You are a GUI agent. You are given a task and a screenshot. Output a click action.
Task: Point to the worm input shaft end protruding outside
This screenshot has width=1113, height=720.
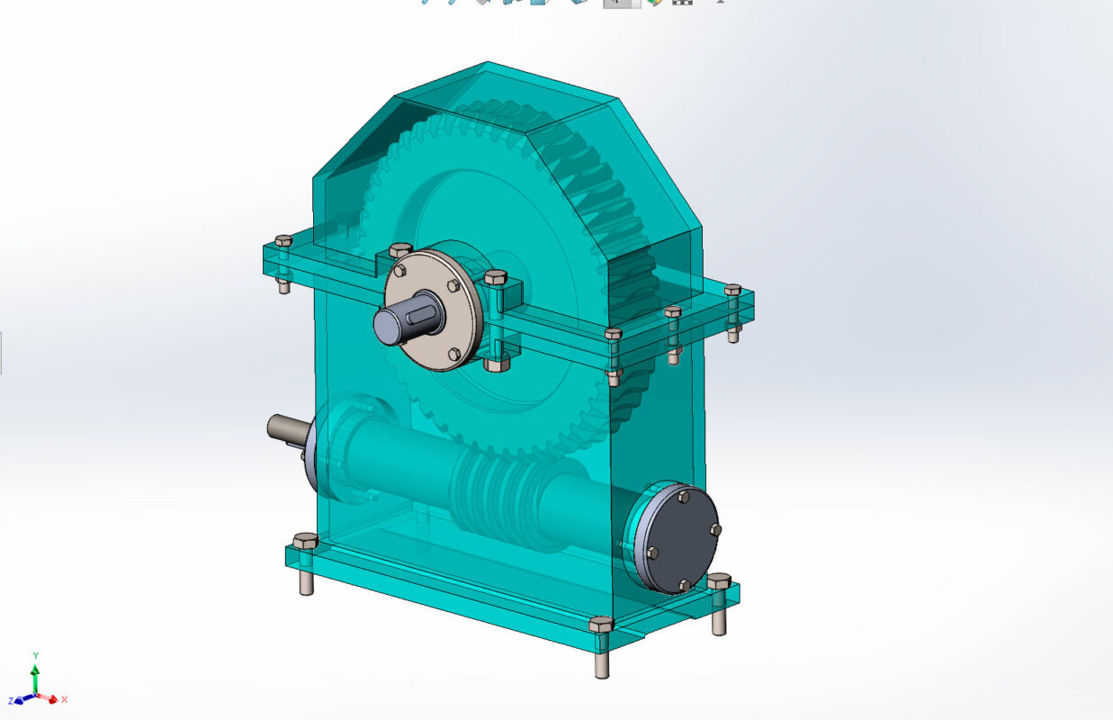pyautogui.click(x=285, y=427)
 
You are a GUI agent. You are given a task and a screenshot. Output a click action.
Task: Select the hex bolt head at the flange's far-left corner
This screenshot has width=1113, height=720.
pyautogui.click(x=283, y=241)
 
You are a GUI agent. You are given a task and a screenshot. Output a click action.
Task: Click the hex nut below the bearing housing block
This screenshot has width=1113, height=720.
pyautogui.click(x=495, y=364)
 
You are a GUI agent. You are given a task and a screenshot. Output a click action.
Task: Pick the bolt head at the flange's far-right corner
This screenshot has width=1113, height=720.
pyautogui.click(x=733, y=291)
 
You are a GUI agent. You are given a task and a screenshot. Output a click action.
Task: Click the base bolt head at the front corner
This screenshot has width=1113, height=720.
pyautogui.click(x=601, y=624)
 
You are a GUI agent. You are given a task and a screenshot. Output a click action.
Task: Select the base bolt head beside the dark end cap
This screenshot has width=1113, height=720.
pyautogui.click(x=718, y=581)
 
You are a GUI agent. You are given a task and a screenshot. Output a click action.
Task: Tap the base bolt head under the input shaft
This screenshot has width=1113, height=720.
pyautogui.click(x=305, y=541)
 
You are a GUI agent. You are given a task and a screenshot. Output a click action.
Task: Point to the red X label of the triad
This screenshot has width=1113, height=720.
pyautogui.click(x=65, y=699)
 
